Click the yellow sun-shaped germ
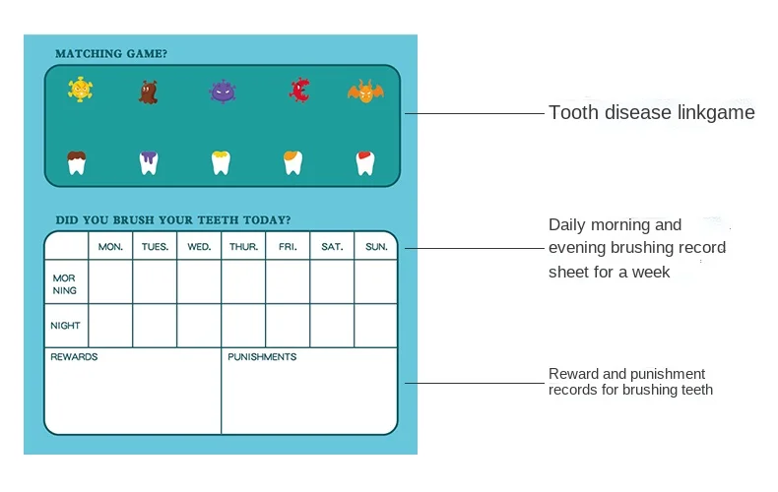tap(80, 90)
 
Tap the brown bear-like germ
tap(149, 92)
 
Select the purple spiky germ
tap(223, 92)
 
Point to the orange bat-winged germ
tap(364, 92)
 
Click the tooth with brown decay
tap(77, 162)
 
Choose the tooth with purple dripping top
tap(149, 162)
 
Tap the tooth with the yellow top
tap(221, 162)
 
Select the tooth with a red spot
tap(364, 162)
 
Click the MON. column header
tap(110, 247)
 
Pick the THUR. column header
tap(243, 247)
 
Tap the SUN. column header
tap(376, 247)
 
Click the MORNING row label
tap(65, 284)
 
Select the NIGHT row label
tap(65, 326)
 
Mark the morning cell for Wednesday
tap(199, 282)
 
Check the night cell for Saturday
tap(332, 326)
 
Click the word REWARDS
tap(74, 357)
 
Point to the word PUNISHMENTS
tap(262, 357)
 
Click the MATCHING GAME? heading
tap(111, 54)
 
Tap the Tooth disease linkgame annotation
tap(651, 113)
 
